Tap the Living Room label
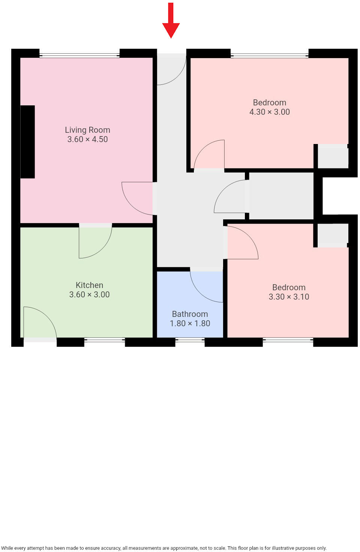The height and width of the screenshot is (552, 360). coord(87,130)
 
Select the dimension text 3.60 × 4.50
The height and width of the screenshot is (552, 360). coord(87,139)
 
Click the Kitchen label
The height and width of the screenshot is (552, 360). coord(89,285)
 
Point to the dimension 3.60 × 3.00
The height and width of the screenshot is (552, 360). coord(89,295)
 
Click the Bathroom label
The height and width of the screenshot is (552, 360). coord(190,314)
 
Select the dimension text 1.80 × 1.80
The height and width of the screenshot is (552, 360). coord(190,324)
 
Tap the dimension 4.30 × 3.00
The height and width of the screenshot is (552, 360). coord(269,112)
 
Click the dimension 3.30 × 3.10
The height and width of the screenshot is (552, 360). coord(289,297)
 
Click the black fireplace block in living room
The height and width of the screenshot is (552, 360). coord(27,142)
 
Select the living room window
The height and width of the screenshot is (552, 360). coord(79,55)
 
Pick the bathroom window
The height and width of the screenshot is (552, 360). coord(190,340)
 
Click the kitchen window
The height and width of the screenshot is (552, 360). coord(104,340)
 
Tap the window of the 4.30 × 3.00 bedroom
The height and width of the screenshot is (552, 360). coord(269,56)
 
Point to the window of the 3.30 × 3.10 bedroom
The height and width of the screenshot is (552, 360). coord(288,340)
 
